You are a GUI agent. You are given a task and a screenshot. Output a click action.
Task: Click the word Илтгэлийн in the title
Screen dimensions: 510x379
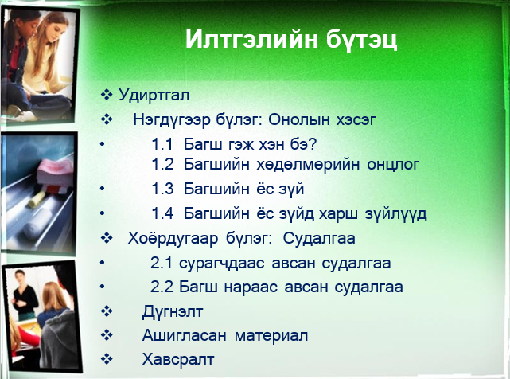coord(251,39)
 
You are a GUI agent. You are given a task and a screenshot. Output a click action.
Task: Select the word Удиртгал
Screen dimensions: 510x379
coord(154,95)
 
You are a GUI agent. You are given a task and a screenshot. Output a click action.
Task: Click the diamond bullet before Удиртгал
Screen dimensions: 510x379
coord(107,95)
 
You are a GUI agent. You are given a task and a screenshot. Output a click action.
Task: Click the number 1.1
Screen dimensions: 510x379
coord(162,144)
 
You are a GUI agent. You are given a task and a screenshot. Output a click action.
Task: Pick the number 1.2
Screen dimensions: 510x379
coord(162,165)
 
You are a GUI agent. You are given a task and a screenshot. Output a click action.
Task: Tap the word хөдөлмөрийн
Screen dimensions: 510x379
coord(308,165)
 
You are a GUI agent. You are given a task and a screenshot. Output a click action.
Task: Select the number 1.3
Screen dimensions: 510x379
coord(162,189)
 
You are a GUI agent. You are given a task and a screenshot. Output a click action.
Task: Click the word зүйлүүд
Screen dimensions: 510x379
coord(395,214)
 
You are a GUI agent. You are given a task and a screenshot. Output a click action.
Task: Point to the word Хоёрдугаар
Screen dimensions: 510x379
coord(173,239)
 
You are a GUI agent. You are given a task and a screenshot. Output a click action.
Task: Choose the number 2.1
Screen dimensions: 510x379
coord(161,263)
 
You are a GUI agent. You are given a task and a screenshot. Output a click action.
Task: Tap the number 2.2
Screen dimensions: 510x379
coord(161,287)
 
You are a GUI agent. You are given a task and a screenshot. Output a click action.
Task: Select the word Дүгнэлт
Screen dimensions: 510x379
coord(173,312)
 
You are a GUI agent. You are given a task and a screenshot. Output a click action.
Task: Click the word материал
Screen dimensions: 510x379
coord(271,336)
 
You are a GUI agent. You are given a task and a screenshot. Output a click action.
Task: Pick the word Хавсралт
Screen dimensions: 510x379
coord(178,359)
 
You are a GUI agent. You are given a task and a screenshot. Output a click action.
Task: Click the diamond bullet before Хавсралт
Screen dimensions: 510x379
coord(107,359)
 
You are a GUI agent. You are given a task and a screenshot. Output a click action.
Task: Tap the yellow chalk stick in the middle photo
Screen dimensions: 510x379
coord(37,199)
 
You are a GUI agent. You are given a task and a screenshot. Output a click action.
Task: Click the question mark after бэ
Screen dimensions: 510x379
coord(312,144)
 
